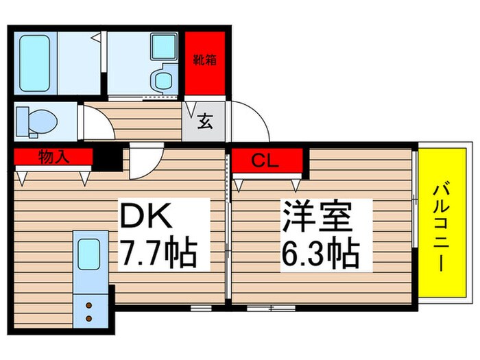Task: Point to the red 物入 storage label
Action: pyautogui.click(x=53, y=158)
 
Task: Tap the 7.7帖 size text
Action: pyautogui.click(x=159, y=254)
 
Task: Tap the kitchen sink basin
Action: pyautogui.click(x=88, y=254)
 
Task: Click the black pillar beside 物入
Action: pyautogui.click(x=107, y=158)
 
